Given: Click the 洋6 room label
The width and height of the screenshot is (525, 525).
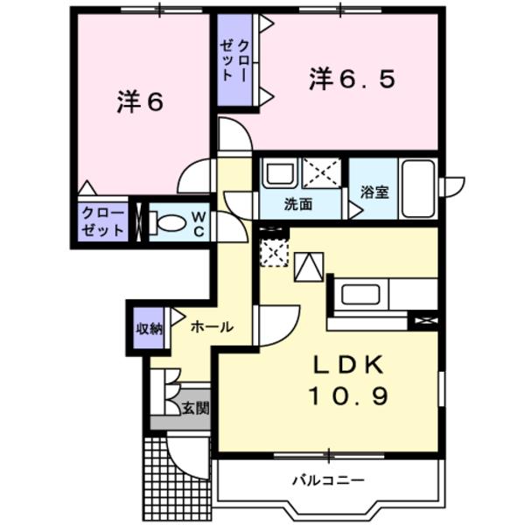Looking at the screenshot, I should (140, 101).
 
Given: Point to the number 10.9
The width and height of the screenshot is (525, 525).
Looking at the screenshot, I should (346, 397).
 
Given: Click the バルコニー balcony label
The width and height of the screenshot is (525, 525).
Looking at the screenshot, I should (328, 479).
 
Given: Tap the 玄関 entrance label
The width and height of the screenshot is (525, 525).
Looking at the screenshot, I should (195, 408).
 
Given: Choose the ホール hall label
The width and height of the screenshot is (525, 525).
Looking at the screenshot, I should (211, 327).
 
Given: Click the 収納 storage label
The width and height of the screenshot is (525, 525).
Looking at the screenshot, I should (149, 328).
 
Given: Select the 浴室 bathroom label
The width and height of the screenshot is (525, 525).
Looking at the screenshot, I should (374, 192).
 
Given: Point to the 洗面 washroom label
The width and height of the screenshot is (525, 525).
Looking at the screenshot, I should (297, 206).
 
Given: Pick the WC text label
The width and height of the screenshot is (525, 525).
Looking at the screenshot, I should (198, 222).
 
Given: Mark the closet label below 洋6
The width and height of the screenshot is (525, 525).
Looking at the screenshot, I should (101, 222).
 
